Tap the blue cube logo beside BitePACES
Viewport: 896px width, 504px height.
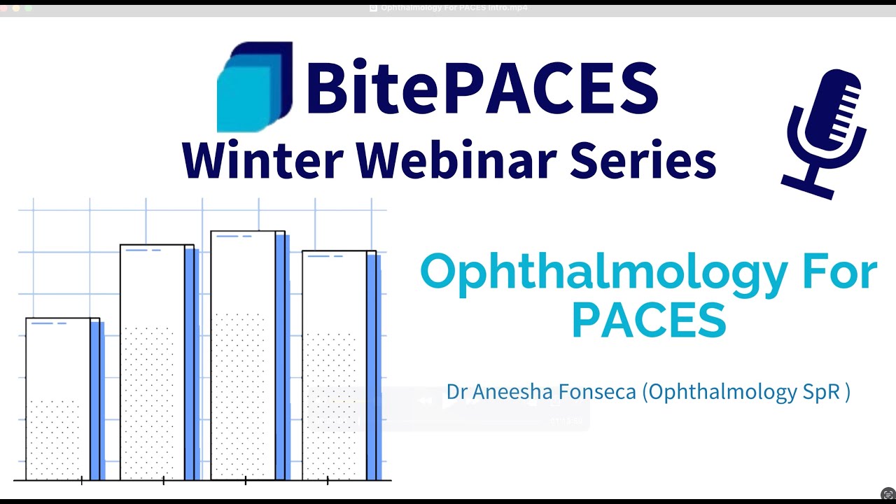(x=253, y=87)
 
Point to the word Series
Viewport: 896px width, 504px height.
(x=643, y=160)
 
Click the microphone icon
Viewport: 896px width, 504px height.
(x=826, y=129)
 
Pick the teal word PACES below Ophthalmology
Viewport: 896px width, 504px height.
(x=648, y=321)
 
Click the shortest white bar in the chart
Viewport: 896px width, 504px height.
(x=59, y=399)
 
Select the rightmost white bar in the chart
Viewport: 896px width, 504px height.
(x=335, y=365)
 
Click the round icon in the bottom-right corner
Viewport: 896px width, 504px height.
(x=888, y=494)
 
